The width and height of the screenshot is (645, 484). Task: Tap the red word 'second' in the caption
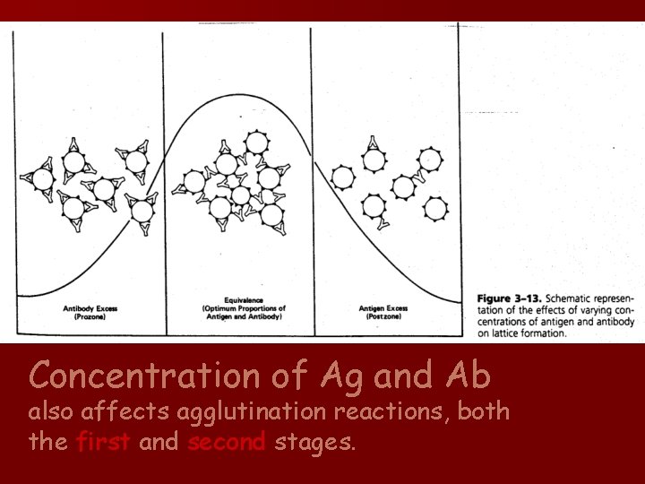[227, 441]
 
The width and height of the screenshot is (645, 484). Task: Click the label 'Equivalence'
[240, 299]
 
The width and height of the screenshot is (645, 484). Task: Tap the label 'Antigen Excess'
[383, 308]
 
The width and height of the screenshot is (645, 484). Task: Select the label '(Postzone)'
[383, 315]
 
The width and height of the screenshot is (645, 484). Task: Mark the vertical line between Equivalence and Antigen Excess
[310, 179]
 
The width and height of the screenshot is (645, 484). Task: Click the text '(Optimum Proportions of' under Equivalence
[240, 307]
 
